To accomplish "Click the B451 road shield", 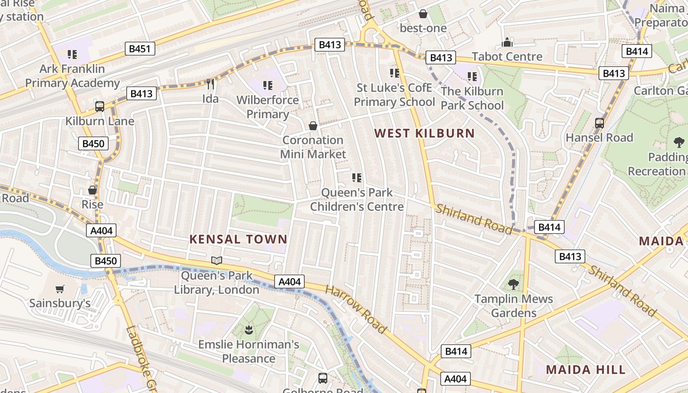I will coord(140,49).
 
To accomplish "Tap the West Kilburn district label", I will coord(425,133).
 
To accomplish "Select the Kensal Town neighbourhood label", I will coord(238,239).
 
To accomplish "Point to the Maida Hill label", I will coord(586,369).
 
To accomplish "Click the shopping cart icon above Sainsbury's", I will coord(60,289).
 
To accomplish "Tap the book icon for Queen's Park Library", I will coord(217,260).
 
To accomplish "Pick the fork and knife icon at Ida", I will coord(210,84).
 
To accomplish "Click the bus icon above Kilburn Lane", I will coord(100,106).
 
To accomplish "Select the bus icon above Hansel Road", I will coord(600,123).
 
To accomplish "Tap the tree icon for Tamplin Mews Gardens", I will coord(514,284).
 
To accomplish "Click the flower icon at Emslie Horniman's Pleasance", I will coord(249,330).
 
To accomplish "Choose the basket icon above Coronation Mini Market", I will coord(313,126).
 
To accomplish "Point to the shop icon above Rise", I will coord(92,190).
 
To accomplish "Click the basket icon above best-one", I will coord(423,14).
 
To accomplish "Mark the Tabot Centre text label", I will coord(507,56).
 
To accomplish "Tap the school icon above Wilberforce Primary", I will coord(267,85).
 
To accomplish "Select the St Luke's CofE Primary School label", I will coord(395,95).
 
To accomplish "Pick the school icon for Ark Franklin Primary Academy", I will coord(72,54).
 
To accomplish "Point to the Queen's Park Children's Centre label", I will coord(357,199).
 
